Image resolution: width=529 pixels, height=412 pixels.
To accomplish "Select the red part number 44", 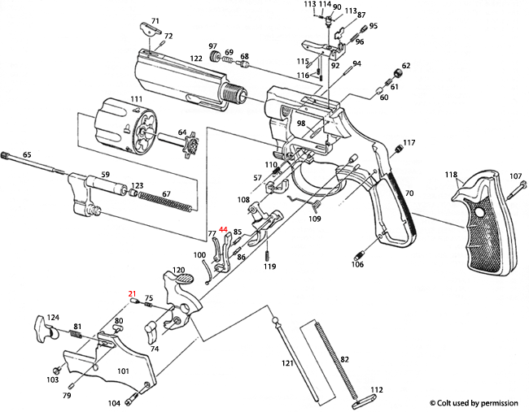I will [223, 230].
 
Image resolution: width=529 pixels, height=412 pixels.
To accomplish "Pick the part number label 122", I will [196, 59].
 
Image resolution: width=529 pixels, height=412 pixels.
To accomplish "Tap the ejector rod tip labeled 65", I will [10, 155].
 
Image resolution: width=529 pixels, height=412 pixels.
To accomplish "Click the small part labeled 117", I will [399, 149].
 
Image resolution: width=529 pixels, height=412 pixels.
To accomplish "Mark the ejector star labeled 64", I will [191, 147].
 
